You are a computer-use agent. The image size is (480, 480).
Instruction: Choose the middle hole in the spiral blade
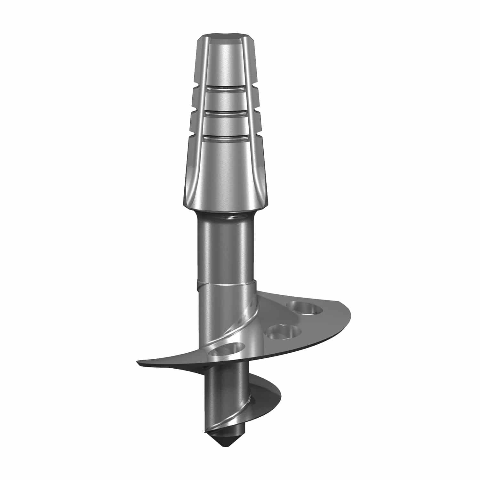(284, 332)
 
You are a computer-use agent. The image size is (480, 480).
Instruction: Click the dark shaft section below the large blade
(221, 394)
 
